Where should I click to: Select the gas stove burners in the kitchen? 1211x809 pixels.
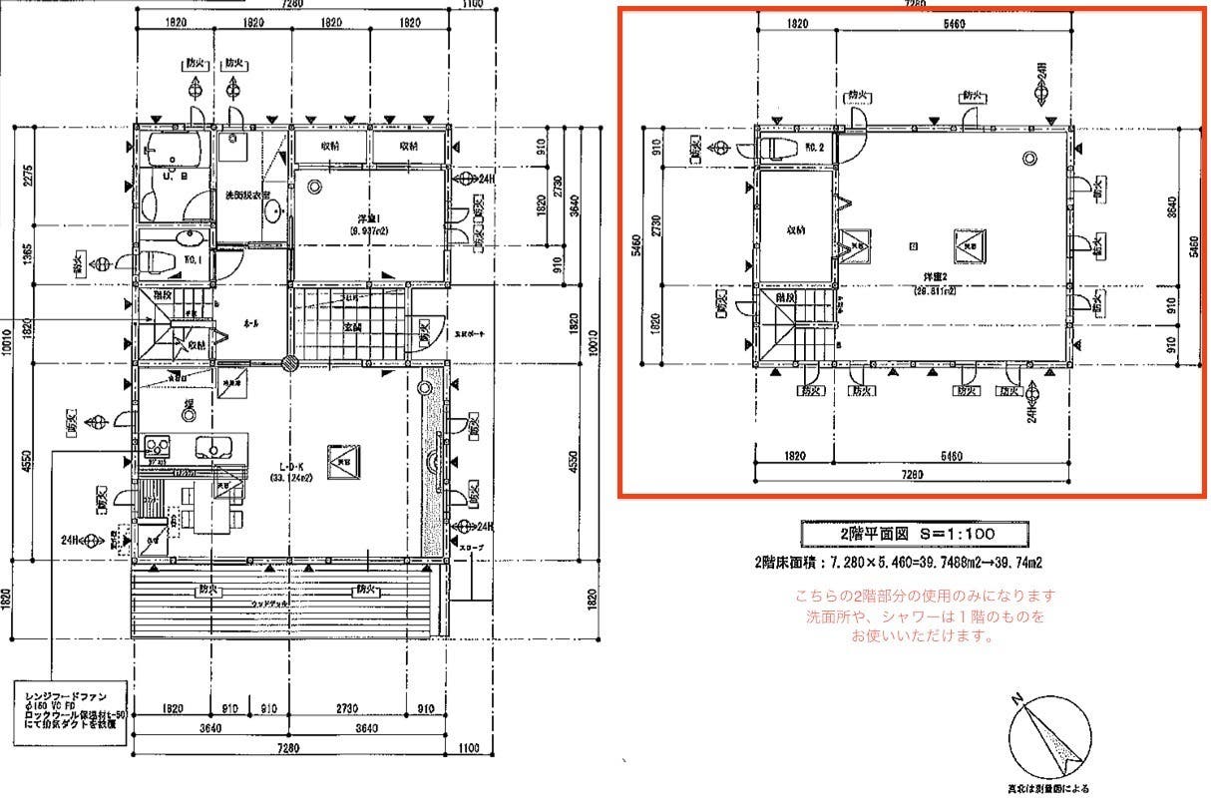(158, 445)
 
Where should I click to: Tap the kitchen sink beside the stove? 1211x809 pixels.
(213, 446)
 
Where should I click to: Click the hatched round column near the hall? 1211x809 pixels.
(288, 364)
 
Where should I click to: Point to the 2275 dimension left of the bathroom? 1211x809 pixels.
(29, 176)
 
